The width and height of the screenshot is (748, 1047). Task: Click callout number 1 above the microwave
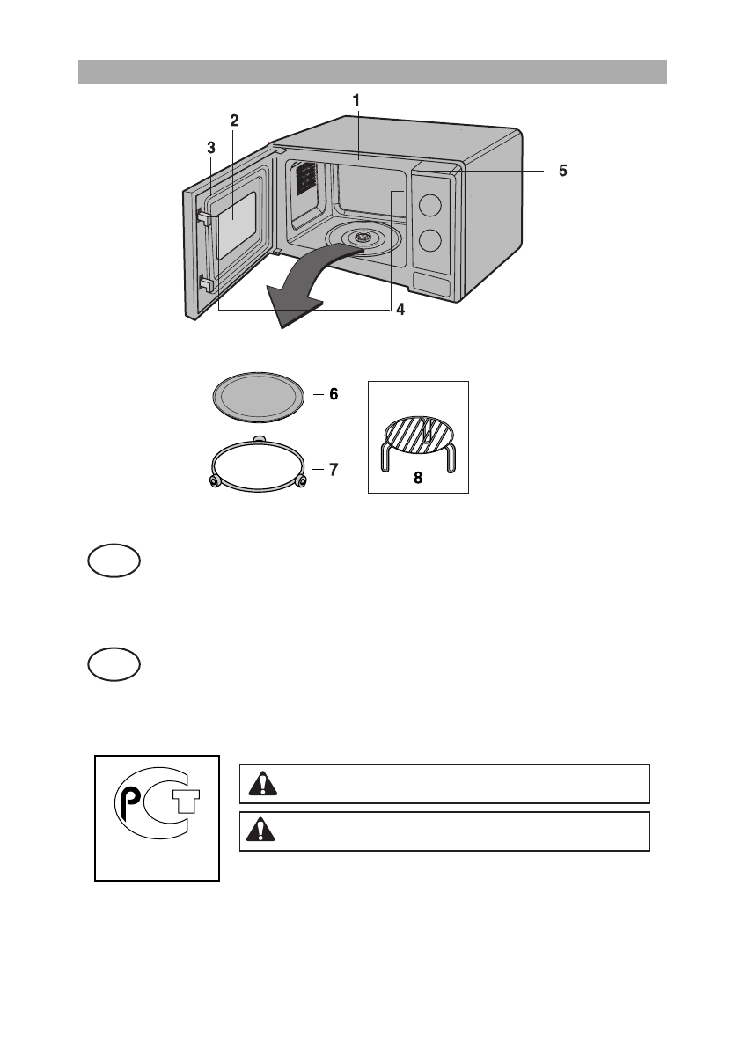[356, 100]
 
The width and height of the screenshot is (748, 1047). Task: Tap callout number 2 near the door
[234, 121]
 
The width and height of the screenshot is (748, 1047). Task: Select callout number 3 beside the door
[210, 148]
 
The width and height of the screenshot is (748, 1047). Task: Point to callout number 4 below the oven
[400, 310]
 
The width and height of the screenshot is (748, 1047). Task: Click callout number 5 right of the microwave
[562, 172]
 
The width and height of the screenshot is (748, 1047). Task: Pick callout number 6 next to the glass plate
[334, 395]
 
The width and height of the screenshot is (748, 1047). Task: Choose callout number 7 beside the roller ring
[334, 470]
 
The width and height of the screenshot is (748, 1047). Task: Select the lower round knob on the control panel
[430, 240]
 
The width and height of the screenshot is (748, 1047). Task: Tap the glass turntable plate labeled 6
[260, 397]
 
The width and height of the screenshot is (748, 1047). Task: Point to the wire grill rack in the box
[418, 440]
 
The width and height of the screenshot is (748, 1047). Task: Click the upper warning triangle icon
[259, 784]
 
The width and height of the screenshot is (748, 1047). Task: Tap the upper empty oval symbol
[114, 560]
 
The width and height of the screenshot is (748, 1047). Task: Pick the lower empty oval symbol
[114, 664]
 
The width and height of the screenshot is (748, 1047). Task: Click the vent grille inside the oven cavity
[304, 179]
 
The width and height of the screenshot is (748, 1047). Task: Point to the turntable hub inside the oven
[362, 237]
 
